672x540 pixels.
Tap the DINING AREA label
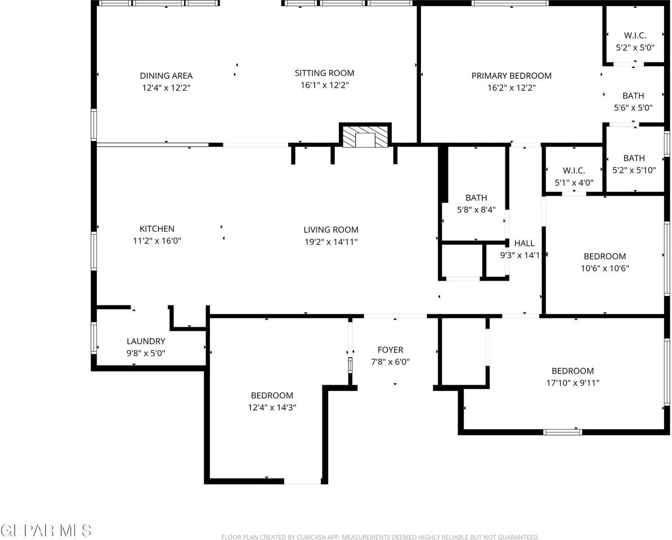[166, 76]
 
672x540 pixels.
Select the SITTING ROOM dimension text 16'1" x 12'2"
[325, 85]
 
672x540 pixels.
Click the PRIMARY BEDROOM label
[511, 76]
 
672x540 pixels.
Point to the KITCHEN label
[157, 229]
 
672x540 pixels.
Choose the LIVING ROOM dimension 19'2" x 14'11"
[331, 242]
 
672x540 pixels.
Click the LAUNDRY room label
[146, 341]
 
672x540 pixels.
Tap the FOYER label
[390, 350]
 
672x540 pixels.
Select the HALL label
[524, 244]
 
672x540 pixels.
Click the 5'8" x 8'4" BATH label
[476, 198]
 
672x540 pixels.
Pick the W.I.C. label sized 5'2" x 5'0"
[634, 35]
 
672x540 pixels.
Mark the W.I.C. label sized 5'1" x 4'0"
[574, 170]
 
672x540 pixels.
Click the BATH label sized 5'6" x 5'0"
[633, 96]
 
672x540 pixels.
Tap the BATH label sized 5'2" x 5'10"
[634, 159]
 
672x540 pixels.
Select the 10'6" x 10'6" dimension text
[604, 268]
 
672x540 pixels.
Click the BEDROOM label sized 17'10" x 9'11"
[572, 371]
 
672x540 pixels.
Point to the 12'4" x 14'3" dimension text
[272, 408]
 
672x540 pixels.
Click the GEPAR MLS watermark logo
[46, 530]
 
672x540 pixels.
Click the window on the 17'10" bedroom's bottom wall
[562, 432]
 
